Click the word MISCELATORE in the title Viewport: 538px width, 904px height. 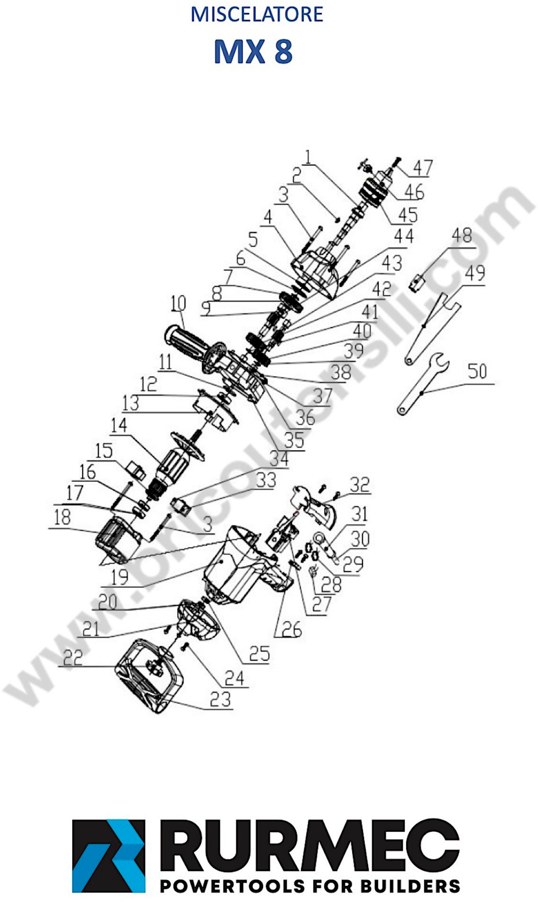point(257,14)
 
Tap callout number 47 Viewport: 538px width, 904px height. point(423,168)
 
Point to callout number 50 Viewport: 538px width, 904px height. point(477,371)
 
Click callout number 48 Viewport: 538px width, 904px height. point(462,236)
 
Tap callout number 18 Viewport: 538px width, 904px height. point(62,518)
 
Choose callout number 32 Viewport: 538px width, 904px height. point(359,485)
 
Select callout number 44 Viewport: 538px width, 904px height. point(404,236)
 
